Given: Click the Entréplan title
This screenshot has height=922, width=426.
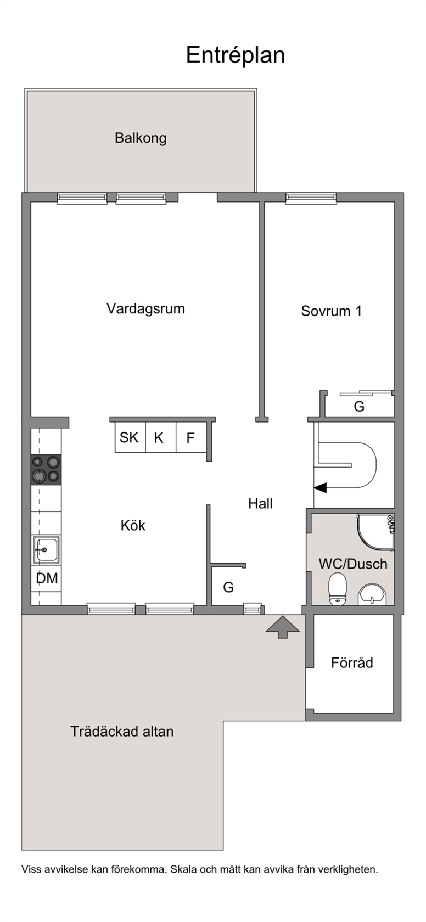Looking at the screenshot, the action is pos(236,55).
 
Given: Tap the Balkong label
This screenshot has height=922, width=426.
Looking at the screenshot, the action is pos(141,138).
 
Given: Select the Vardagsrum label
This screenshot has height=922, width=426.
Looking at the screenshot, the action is pos(145,308).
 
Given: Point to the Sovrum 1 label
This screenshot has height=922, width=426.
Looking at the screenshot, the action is pos(332,311).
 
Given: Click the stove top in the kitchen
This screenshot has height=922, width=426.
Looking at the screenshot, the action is pos(46,470).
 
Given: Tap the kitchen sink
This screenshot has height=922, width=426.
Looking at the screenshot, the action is pos(46,549).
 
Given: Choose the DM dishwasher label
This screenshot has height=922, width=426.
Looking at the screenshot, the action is pos(47,578).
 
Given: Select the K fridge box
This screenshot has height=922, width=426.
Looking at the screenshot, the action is pos(161,437).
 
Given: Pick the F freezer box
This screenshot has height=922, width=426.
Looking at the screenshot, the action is pos(191,437).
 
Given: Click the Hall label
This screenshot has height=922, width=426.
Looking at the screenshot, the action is pos(261,503).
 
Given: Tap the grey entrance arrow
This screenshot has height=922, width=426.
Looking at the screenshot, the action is pos(282,627).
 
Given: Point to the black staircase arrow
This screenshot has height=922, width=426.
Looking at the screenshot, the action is pos(320,488).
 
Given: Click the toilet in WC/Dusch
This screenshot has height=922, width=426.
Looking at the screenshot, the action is pos(338,588).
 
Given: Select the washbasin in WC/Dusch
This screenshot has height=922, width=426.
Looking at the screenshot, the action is pos(373,594).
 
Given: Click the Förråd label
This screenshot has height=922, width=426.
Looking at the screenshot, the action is pos(352,663).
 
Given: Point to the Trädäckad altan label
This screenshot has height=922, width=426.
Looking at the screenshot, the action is pos(122,732).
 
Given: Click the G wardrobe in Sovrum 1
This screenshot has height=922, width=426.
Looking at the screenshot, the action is pos(360,406).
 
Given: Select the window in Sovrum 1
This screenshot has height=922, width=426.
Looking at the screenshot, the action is pos(311,198).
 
